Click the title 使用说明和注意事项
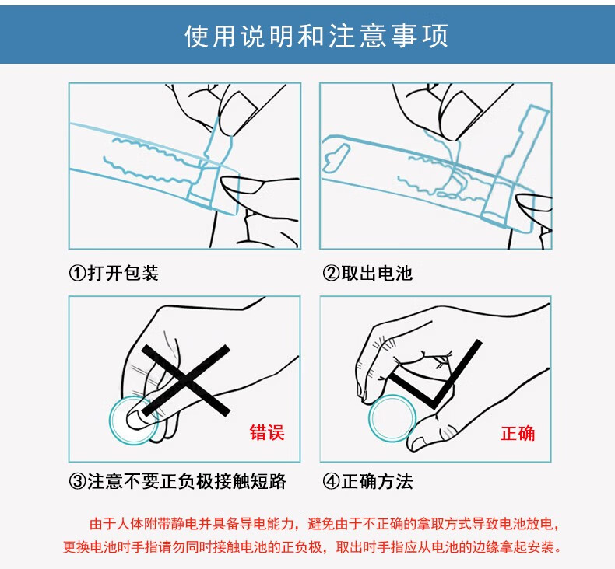[316, 36]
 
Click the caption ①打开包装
[114, 273]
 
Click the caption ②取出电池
[367, 273]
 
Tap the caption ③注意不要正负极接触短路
[177, 481]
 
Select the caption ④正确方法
[367, 481]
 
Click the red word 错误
[267, 432]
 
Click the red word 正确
[518, 433]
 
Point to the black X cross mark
[185, 380]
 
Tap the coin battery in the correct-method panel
[392, 418]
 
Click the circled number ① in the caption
[77, 274]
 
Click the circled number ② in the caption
[331, 274]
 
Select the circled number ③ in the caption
[77, 482]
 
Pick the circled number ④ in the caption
[331, 482]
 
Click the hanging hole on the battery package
[336, 158]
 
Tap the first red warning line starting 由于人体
[324, 524]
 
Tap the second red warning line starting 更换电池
[312, 546]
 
